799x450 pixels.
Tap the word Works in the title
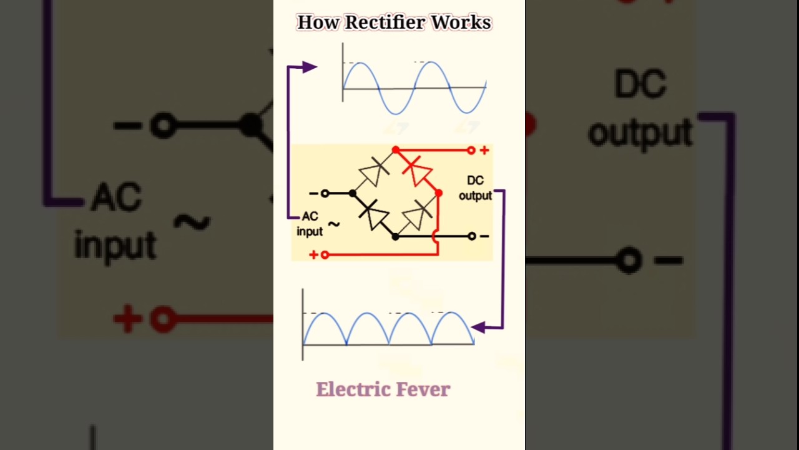pos(461,22)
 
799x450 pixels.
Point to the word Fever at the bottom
pos(426,389)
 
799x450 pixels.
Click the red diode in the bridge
pos(417,169)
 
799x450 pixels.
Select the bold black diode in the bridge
pos(375,214)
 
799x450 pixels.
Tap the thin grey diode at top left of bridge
pos(374,171)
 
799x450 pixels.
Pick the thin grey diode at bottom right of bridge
pos(417,215)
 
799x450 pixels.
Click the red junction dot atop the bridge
pos(396,150)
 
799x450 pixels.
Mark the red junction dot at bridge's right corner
pos(439,194)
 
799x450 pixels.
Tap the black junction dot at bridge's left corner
pos(353,194)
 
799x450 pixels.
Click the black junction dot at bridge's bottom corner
pos(396,236)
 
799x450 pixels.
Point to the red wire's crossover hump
pos(436,236)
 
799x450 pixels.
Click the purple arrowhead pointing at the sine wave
pos(309,67)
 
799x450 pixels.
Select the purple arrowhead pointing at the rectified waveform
pos(478,327)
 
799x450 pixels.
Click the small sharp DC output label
pos(475,187)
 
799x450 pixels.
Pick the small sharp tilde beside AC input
pos(334,224)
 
